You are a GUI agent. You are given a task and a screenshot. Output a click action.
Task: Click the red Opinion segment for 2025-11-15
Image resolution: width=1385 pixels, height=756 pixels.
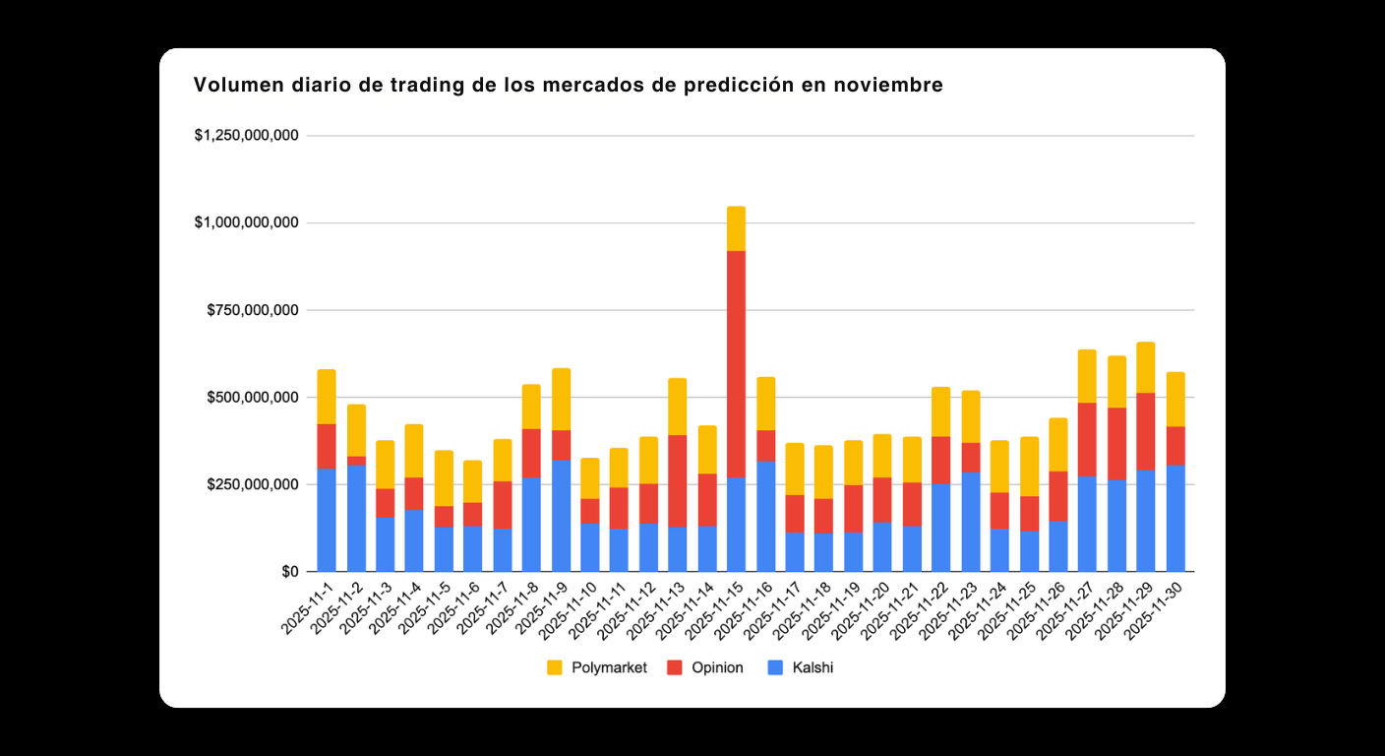pyautogui.click(x=736, y=364)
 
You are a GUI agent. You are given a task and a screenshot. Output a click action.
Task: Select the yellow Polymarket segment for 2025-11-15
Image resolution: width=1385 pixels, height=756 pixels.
pyautogui.click(x=736, y=228)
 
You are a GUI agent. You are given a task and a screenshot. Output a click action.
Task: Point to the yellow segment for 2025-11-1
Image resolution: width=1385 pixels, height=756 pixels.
pyautogui.click(x=327, y=397)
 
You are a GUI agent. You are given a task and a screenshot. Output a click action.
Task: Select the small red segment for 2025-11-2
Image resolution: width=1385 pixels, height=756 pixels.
pyautogui.click(x=356, y=461)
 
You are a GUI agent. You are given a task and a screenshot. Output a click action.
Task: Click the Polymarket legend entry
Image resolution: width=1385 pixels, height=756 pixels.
pyautogui.click(x=597, y=667)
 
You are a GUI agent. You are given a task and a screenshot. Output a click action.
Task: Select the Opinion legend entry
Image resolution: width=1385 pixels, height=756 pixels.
pyautogui.click(x=705, y=667)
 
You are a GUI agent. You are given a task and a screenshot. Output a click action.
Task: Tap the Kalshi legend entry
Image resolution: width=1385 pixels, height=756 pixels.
pyautogui.click(x=802, y=667)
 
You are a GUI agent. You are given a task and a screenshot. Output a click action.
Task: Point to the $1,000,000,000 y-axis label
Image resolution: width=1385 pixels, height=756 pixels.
pyautogui.click(x=247, y=223)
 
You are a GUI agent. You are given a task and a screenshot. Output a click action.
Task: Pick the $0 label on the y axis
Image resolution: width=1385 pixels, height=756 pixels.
pyautogui.click(x=289, y=572)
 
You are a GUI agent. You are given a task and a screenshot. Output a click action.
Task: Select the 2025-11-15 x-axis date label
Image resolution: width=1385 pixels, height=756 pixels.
pyautogui.click(x=716, y=611)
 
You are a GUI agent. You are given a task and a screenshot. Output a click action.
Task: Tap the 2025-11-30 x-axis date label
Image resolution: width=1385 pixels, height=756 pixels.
pyautogui.click(x=1155, y=611)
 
